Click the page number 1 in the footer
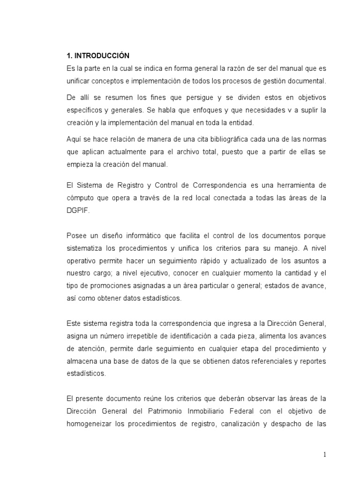click(x=324, y=454)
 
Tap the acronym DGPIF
click(x=77, y=210)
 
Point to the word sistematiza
click(x=85, y=247)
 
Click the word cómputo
click(x=81, y=198)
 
